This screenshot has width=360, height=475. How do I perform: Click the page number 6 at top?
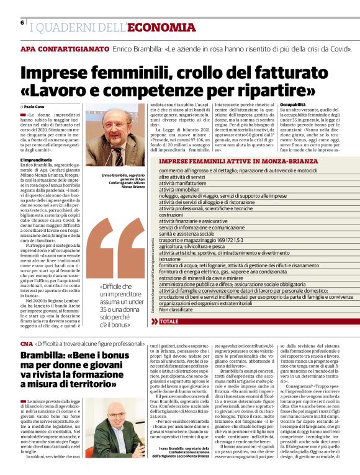[x=22, y=22]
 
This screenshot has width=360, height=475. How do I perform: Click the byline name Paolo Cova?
[x=35, y=107]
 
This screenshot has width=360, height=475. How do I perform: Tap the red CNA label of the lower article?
[x=25, y=343]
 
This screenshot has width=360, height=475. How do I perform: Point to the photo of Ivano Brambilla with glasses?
[x=124, y=428]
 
